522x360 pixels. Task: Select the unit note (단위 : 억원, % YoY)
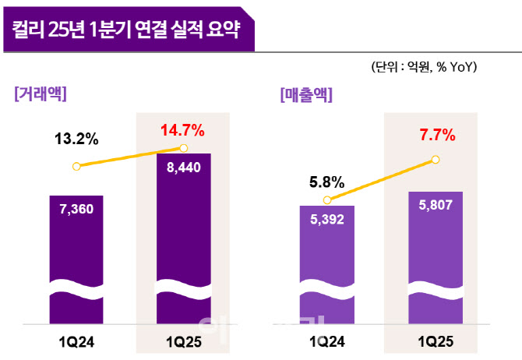(424, 68)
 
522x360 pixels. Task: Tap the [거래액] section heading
(40, 94)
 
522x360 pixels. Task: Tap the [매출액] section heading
(305, 95)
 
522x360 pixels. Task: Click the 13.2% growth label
(76, 139)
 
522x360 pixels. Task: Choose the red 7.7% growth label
(437, 136)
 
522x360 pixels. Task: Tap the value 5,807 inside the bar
(435, 206)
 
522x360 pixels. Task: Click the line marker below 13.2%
(76, 166)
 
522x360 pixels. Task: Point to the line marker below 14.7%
(184, 148)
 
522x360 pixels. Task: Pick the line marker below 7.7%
(435, 161)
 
